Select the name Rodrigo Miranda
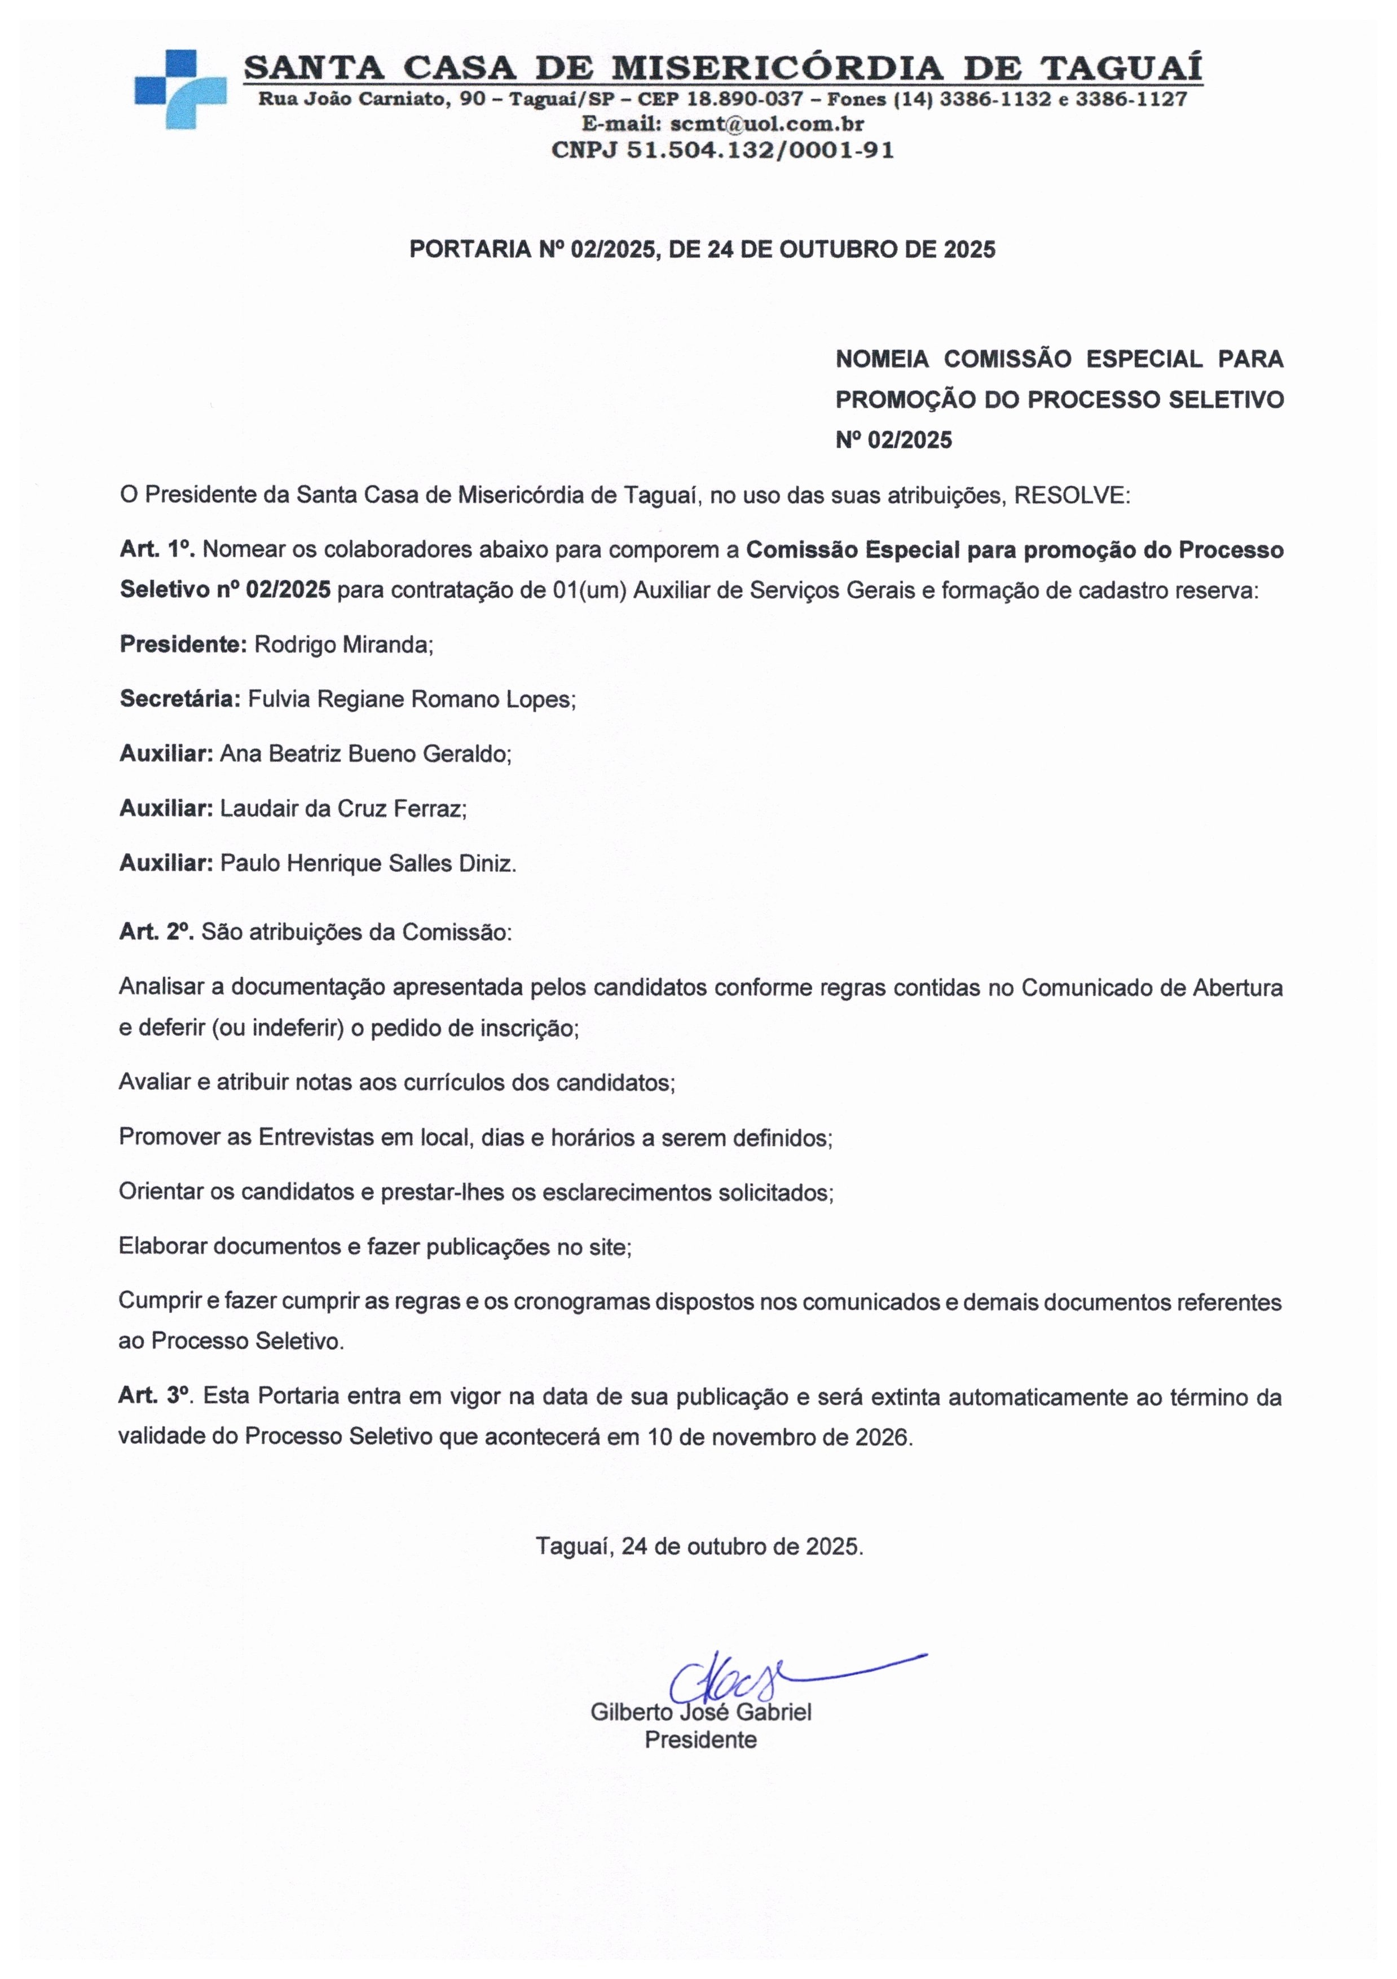343,645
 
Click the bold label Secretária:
180,699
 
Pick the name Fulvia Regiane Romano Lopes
411,699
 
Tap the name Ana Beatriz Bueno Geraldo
365,754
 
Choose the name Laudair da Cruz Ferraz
343,809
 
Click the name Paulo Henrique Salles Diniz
368,863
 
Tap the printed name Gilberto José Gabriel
700,1712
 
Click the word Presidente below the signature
700,1739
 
